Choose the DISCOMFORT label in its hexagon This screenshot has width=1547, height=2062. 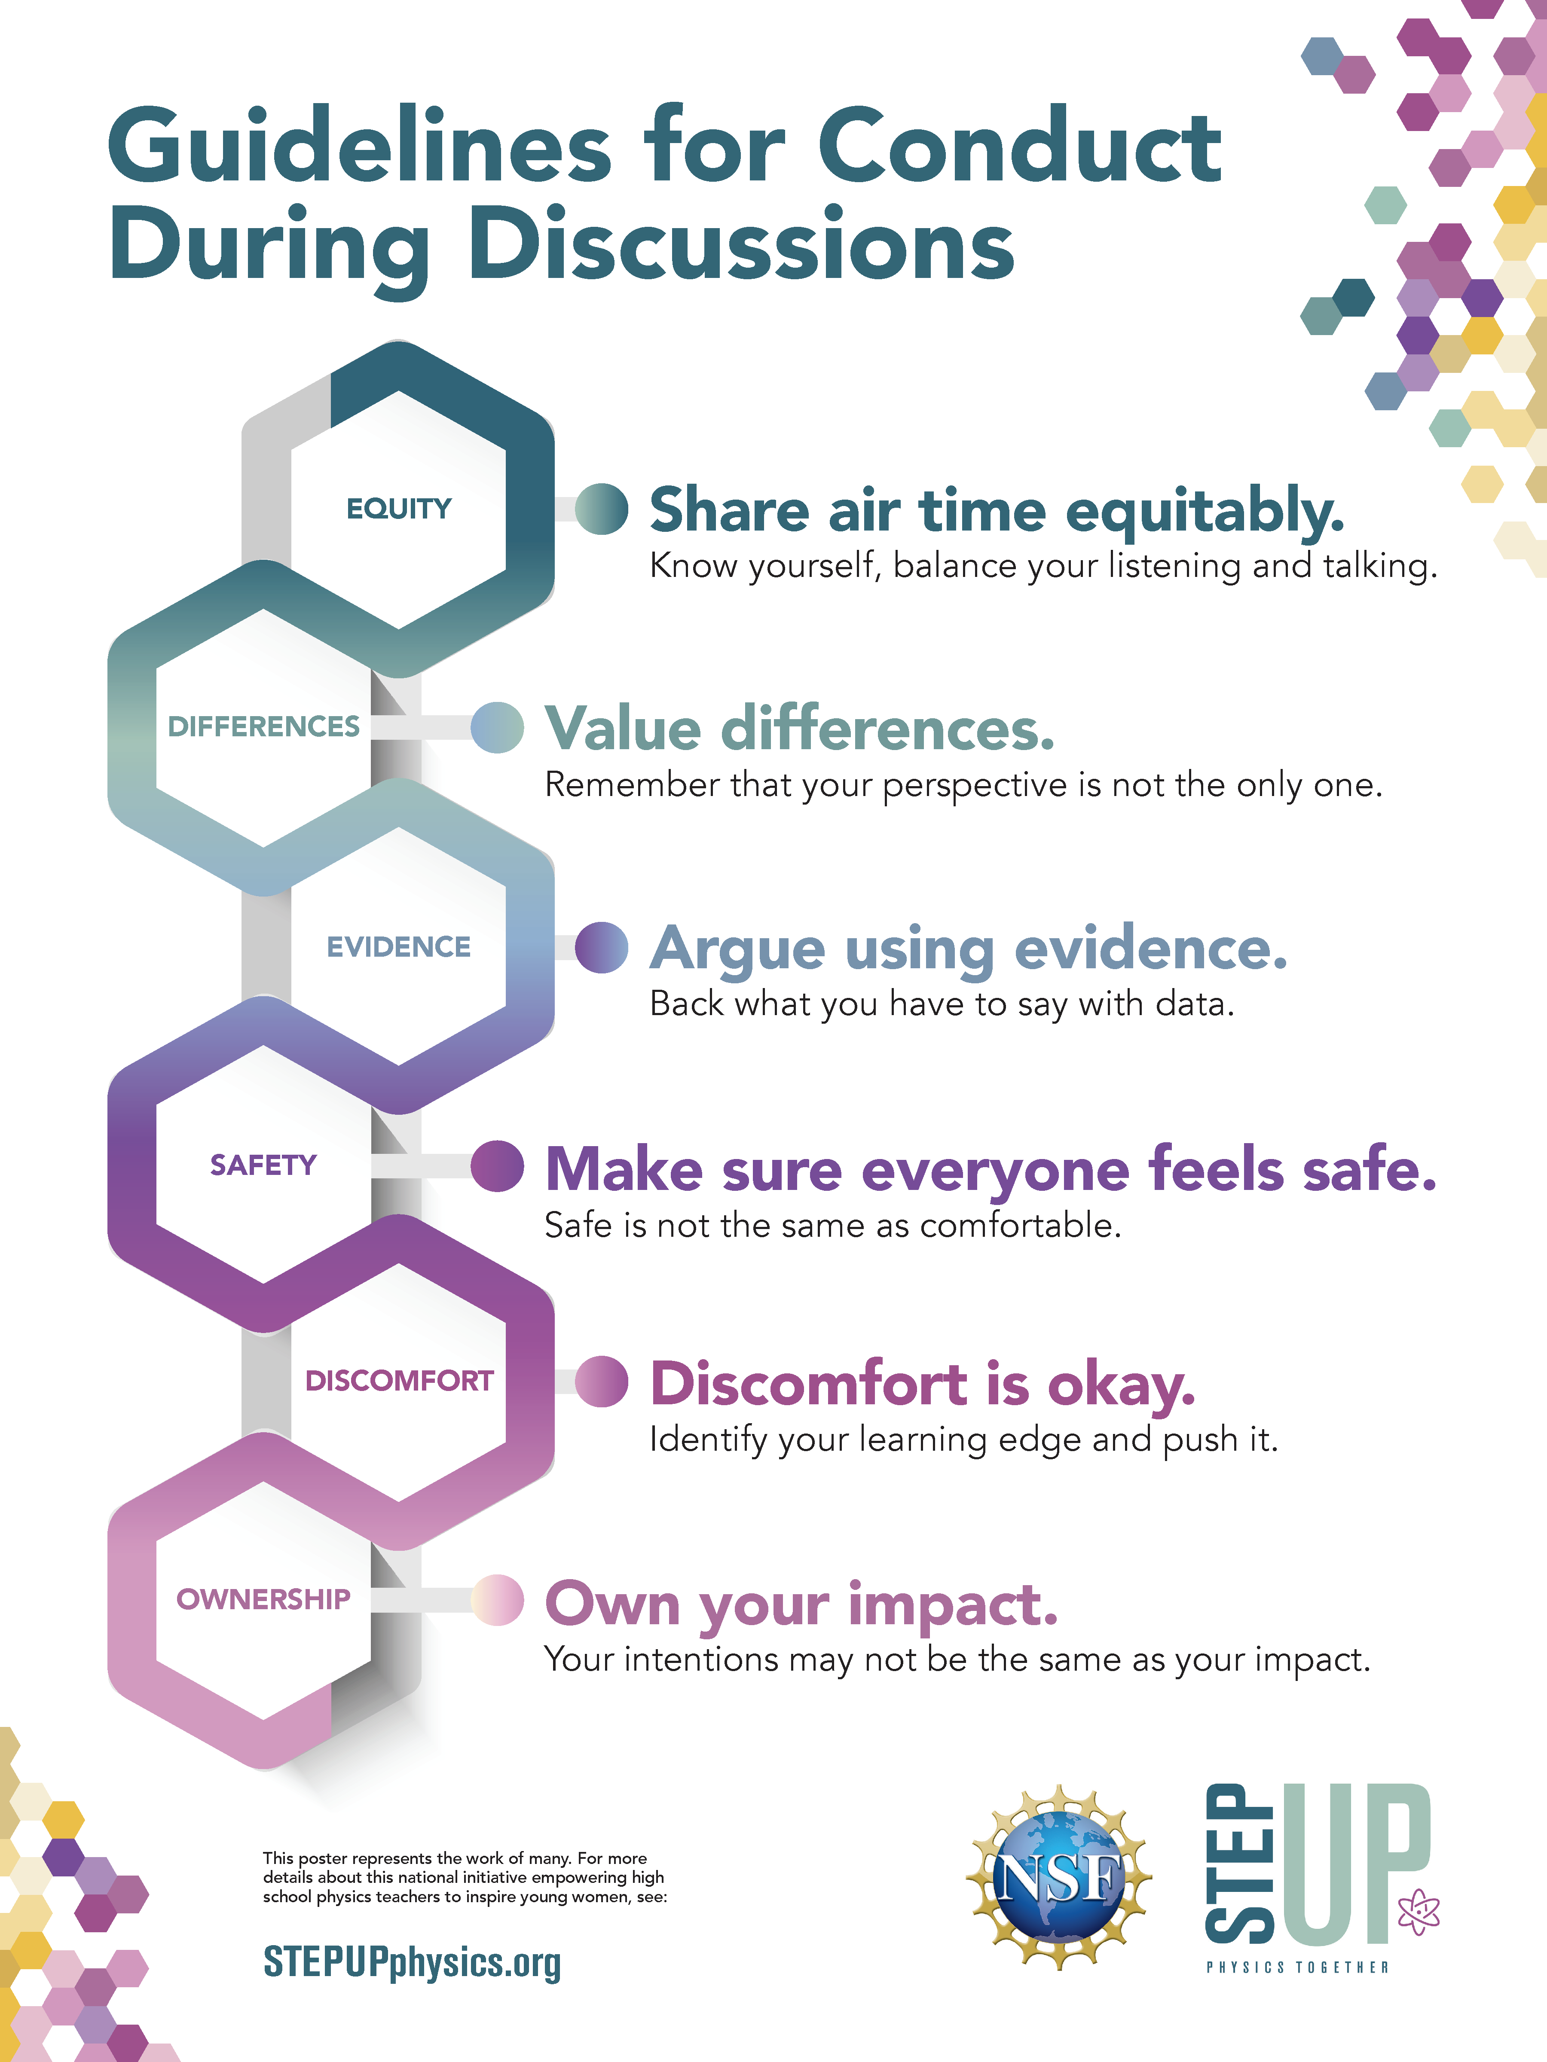tap(399, 1381)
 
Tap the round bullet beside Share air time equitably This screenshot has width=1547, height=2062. tap(602, 509)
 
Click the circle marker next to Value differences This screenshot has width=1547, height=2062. tap(497, 727)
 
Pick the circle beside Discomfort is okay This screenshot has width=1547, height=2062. tap(602, 1382)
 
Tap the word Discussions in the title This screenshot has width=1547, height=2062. tap(741, 244)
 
